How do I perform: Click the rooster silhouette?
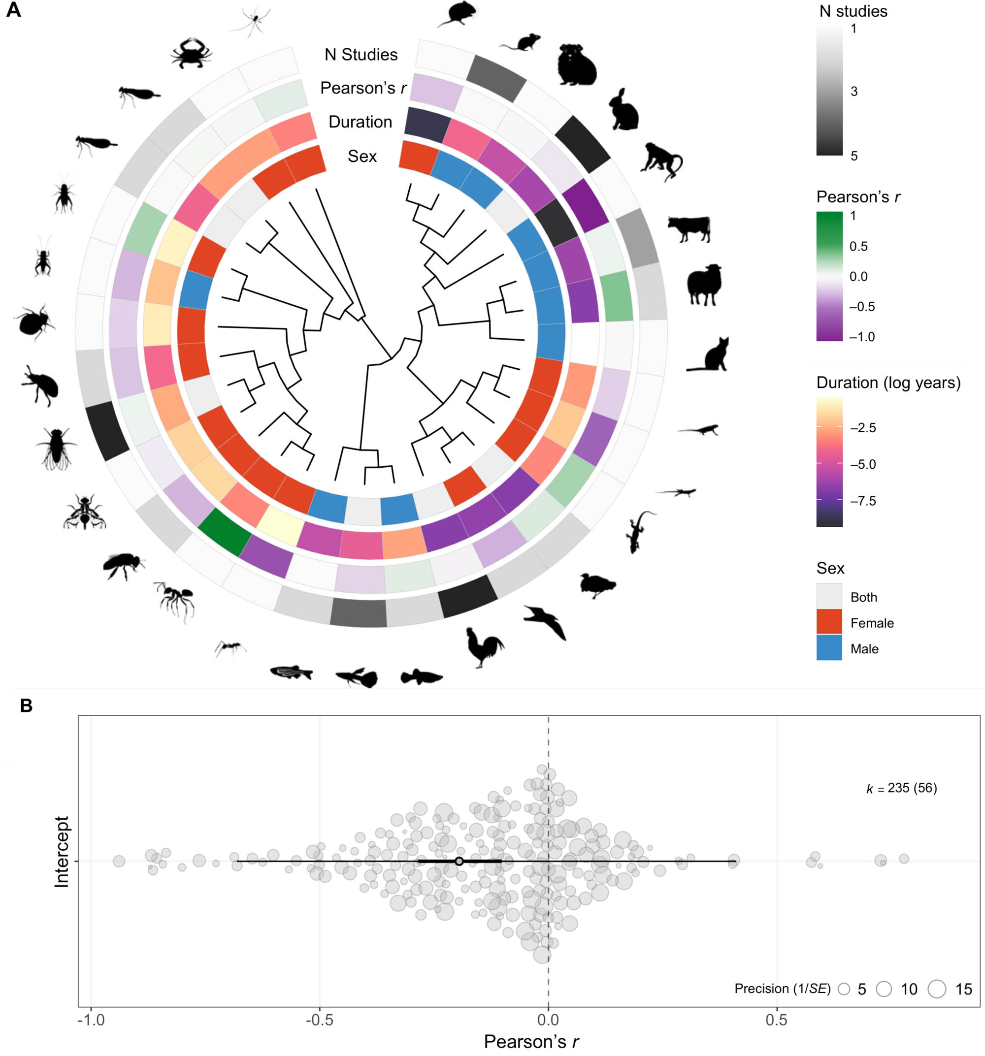pyautogui.click(x=484, y=646)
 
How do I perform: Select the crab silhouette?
pyautogui.click(x=191, y=53)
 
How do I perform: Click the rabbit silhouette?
pyautogui.click(x=624, y=110)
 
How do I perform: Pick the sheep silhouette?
pyautogui.click(x=704, y=284)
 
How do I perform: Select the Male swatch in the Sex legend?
pyautogui.click(x=829, y=647)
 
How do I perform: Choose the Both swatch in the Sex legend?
pyautogui.click(x=829, y=596)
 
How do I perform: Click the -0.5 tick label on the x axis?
pyautogui.click(x=319, y=1020)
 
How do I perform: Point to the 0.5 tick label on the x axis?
pyautogui.click(x=776, y=1020)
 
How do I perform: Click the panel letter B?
pyautogui.click(x=26, y=706)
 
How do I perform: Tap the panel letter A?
pyautogui.click(x=13, y=10)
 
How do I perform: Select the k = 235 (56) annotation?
pyautogui.click(x=901, y=788)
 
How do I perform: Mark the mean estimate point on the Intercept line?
pyautogui.click(x=459, y=861)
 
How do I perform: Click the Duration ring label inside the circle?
pyautogui.click(x=360, y=122)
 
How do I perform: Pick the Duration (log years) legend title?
pyautogui.click(x=888, y=383)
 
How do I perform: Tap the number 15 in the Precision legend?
pyautogui.click(x=963, y=989)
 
